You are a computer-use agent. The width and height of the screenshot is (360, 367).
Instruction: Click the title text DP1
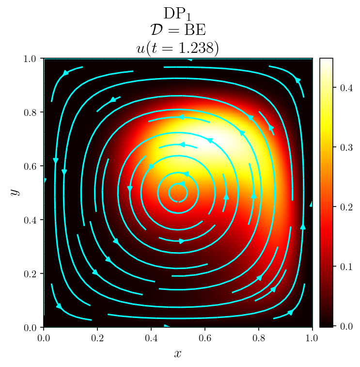click(178, 14)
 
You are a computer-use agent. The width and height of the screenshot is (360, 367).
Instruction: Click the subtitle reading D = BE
click(178, 31)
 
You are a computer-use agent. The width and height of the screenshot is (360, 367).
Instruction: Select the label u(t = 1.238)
click(178, 48)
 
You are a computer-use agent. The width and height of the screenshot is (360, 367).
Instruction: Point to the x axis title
click(178, 353)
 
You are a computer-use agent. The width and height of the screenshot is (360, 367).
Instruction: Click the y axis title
click(15, 192)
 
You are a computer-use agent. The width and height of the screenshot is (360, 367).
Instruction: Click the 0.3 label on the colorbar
click(343, 148)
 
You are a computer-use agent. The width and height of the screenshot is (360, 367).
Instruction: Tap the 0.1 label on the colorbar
click(343, 267)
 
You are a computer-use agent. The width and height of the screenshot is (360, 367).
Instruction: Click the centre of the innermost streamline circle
click(178, 193)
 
